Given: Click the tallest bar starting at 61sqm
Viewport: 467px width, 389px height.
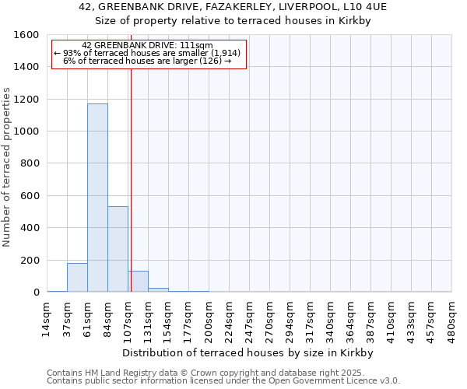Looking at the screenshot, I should [x=97, y=198].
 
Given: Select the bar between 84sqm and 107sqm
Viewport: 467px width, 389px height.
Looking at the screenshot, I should [x=118, y=249].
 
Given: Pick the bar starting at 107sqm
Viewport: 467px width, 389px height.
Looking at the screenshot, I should [x=138, y=282].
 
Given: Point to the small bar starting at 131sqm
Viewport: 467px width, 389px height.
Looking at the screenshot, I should [x=158, y=289].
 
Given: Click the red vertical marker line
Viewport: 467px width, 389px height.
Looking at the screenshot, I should [x=131, y=179].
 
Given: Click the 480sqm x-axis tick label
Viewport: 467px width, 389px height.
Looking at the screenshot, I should [x=452, y=319].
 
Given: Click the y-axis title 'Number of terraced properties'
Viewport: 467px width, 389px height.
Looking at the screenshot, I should [x=8, y=167].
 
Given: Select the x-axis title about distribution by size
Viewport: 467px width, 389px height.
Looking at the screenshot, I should [x=249, y=352].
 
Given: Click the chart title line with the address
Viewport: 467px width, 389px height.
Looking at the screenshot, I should [x=233, y=6].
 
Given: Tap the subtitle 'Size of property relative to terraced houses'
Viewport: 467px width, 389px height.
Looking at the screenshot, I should [x=233, y=21].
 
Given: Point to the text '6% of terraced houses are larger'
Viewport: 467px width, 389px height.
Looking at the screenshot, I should [x=148, y=61].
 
